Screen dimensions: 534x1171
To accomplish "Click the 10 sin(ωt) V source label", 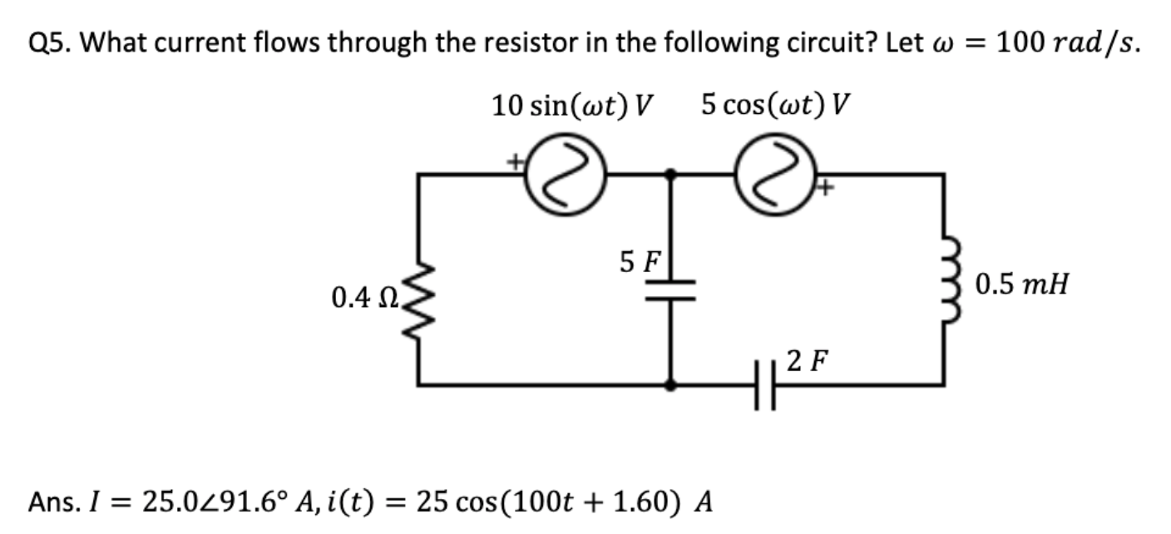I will tap(571, 106).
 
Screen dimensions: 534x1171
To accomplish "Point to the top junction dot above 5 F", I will tap(672, 174).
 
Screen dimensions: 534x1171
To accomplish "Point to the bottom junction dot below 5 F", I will tap(672, 385).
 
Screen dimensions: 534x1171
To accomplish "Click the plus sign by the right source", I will tap(825, 190).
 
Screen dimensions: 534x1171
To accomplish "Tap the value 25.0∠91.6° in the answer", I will tap(217, 502).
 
